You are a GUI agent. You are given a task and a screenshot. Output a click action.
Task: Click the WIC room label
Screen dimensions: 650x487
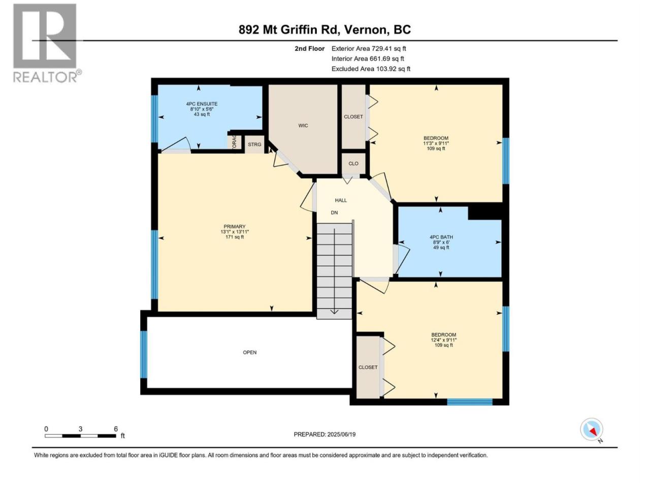click(303, 126)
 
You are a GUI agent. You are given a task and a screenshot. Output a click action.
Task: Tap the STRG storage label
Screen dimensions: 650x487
click(254, 144)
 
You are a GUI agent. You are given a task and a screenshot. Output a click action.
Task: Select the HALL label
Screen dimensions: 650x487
click(341, 200)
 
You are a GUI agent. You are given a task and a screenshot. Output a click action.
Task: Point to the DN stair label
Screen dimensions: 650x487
click(334, 213)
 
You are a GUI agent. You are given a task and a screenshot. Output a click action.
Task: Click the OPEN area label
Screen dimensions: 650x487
click(250, 352)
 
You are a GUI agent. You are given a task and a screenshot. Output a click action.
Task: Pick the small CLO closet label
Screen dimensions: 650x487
click(353, 163)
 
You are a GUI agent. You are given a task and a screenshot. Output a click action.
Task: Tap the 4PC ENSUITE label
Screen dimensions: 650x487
click(202, 104)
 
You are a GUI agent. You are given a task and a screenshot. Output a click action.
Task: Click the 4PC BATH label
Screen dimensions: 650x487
click(441, 237)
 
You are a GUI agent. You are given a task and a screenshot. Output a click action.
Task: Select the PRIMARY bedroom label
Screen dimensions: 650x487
click(235, 226)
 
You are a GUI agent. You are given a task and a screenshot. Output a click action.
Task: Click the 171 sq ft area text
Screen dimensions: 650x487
click(235, 237)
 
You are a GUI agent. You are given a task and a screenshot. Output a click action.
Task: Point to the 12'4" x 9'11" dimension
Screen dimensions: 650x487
click(444, 340)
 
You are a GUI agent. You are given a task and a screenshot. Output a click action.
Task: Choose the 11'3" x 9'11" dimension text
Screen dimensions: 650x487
click(436, 143)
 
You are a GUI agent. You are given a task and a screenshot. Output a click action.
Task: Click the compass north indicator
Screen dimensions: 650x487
click(592, 430)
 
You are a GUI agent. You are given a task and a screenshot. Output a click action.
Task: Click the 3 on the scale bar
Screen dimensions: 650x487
click(80, 429)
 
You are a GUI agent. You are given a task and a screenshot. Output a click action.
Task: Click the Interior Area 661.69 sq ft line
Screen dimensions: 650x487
click(368, 58)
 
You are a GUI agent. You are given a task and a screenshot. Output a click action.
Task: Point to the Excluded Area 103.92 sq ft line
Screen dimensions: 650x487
click(371, 69)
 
